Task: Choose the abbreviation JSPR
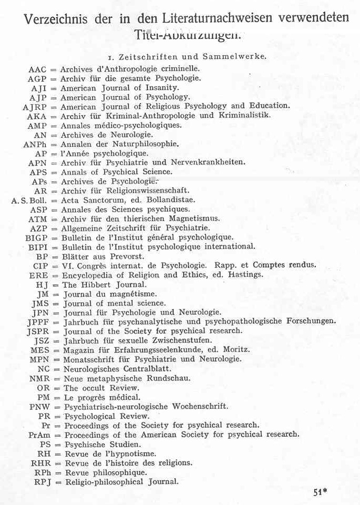tap(42, 331)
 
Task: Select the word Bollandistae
tap(169, 200)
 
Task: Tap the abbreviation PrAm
tap(40, 435)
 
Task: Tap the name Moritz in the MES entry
tap(229, 350)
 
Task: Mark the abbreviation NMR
tap(40, 378)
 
